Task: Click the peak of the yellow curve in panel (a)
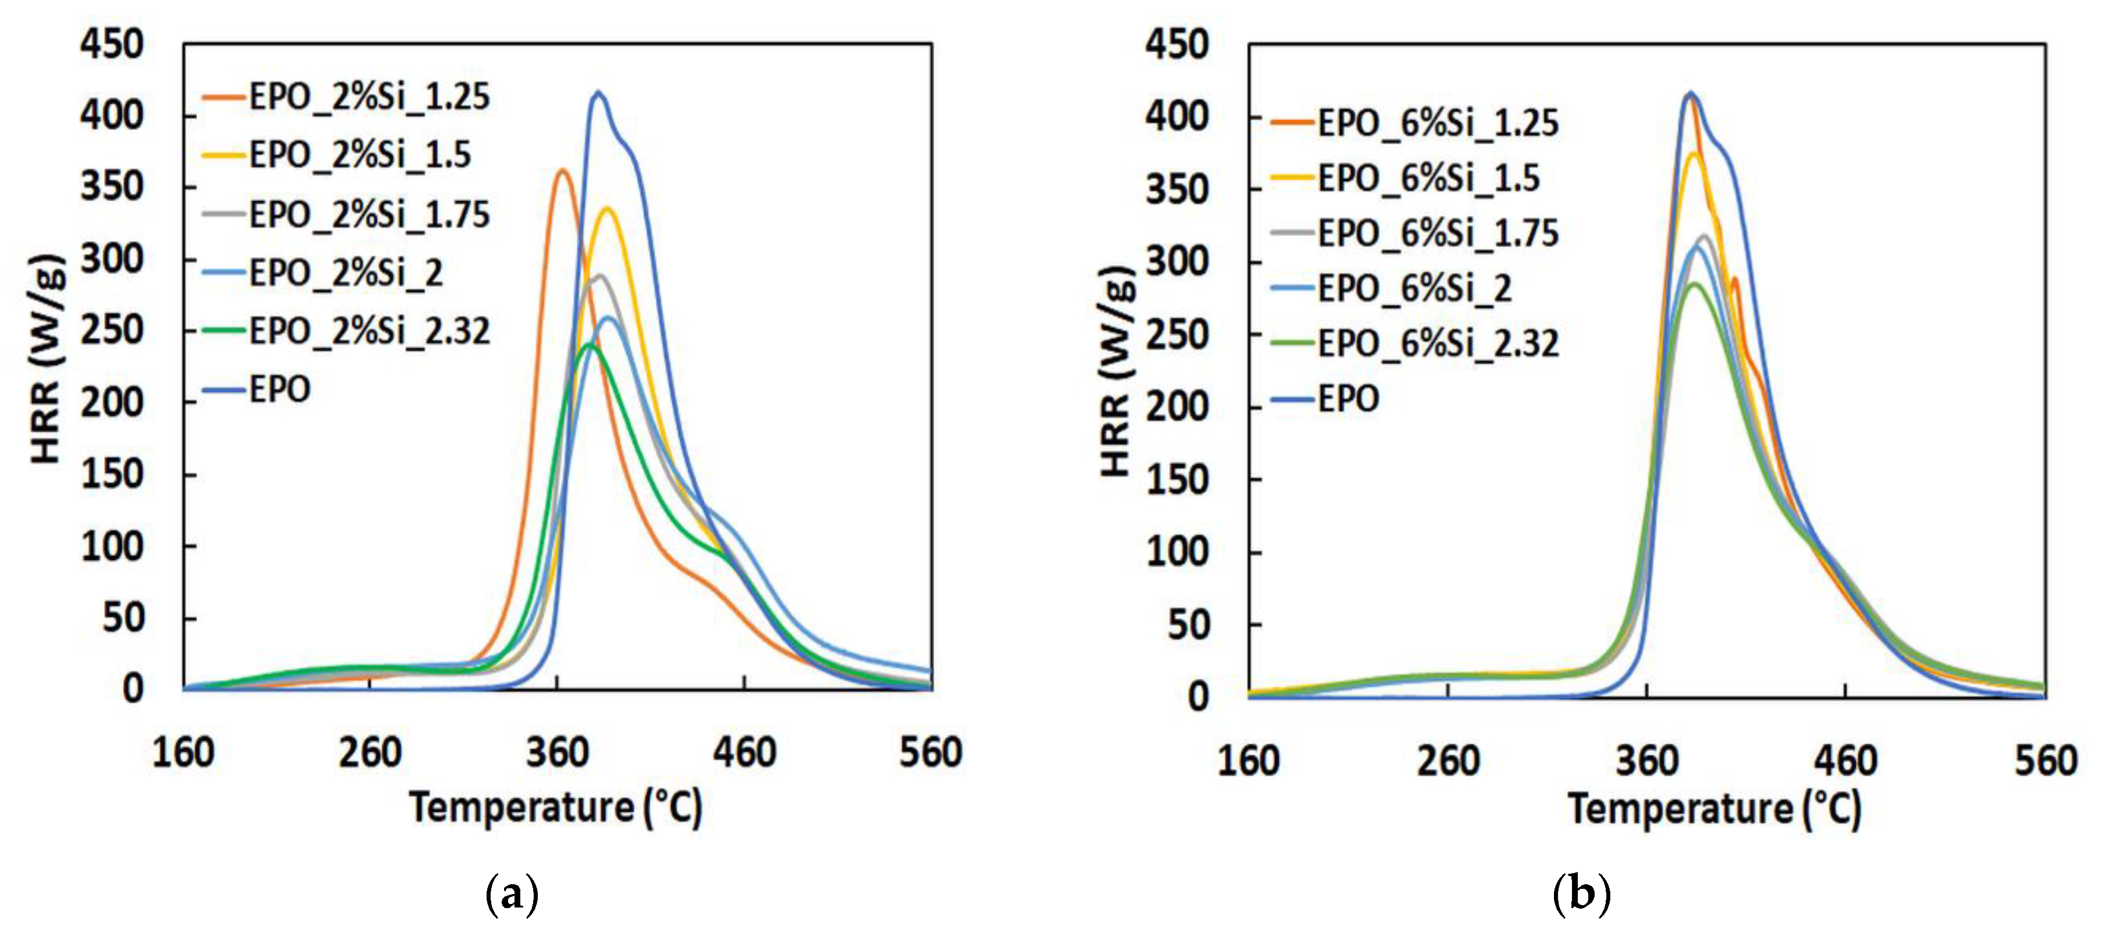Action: point(607,209)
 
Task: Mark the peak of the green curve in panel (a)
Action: point(589,345)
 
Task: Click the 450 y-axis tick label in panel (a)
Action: point(112,44)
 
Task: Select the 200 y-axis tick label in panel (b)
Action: point(1177,407)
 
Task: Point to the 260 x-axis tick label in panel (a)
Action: point(370,753)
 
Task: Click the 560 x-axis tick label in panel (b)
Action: point(2045,761)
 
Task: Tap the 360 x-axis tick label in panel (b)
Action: point(1647,761)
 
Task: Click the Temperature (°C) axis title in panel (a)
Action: point(555,807)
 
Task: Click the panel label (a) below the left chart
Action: point(512,895)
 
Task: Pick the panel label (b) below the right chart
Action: point(1581,895)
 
